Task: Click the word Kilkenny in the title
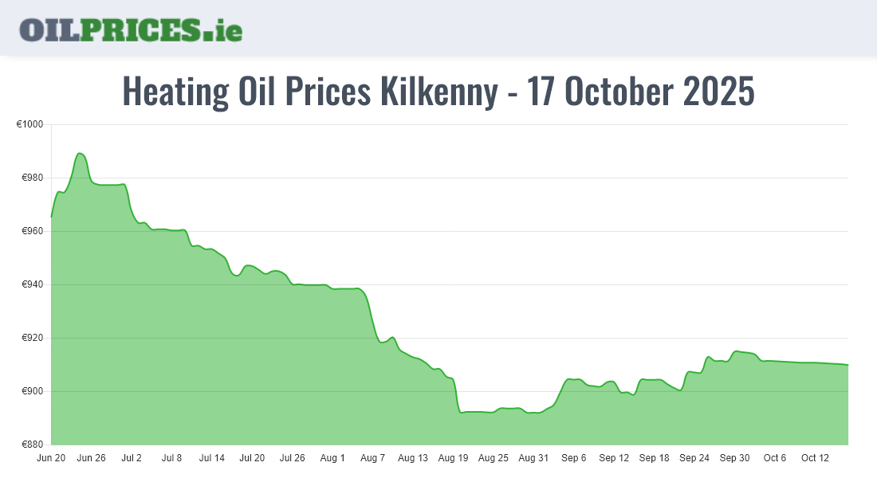coord(437,92)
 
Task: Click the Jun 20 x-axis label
coord(51,458)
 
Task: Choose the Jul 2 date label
coord(132,458)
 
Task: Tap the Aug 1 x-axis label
coord(332,458)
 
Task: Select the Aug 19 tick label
coord(453,458)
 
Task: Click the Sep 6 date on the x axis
coord(573,458)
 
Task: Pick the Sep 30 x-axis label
coord(734,458)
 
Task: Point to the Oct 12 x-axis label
coord(815,458)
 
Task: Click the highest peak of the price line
coord(79,153)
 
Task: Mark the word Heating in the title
coord(175,92)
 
